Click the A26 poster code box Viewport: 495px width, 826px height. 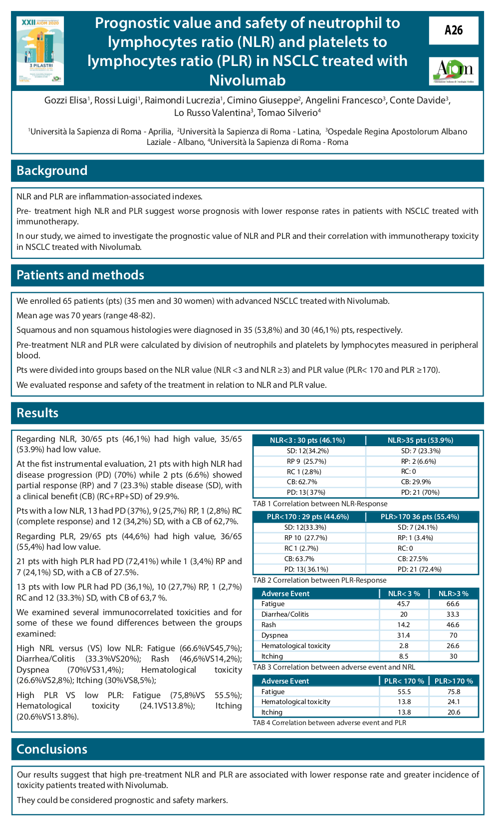tap(453, 30)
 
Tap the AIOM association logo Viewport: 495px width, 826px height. tap(453, 70)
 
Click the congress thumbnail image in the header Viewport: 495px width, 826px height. tap(40, 50)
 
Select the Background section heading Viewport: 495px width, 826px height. tap(52, 171)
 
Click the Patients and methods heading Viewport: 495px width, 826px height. tap(80, 275)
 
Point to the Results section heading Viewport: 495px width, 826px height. tap(37, 413)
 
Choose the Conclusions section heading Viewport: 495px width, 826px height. tap(52, 750)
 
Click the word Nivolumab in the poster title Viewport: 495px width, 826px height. tap(247, 80)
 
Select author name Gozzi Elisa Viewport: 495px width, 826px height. tap(66, 100)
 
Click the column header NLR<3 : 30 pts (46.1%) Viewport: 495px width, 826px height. tap(307, 440)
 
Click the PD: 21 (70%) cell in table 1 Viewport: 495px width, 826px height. tap(420, 492)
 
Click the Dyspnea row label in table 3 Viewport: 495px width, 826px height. tap(274, 635)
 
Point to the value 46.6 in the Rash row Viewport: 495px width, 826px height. tap(453, 625)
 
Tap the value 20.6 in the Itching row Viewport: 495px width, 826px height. tap(454, 712)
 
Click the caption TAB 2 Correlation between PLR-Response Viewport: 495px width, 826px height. tap(319, 580)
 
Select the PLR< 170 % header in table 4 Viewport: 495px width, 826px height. tap(404, 681)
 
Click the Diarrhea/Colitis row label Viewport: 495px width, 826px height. tap(285, 614)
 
